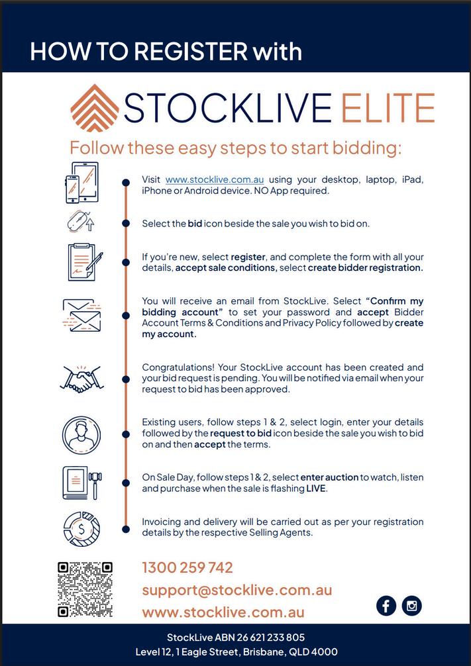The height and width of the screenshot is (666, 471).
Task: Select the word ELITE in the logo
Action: pyautogui.click(x=388, y=108)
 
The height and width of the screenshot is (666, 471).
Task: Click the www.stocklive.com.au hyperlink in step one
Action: pyautogui.click(x=215, y=179)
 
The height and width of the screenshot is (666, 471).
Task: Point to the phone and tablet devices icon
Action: pyautogui.click(x=81, y=183)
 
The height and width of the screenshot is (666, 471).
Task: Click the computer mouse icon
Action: pyautogui.click(x=80, y=222)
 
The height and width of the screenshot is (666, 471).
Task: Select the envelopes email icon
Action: pyautogui.click(x=81, y=315)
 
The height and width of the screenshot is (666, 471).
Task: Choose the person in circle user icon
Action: pyautogui.click(x=81, y=434)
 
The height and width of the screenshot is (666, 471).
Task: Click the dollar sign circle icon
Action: pyautogui.click(x=81, y=528)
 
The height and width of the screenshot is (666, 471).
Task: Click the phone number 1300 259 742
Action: pyautogui.click(x=187, y=567)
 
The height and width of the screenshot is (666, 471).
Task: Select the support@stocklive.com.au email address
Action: pyautogui.click(x=236, y=590)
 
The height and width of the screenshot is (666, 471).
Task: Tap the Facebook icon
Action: pyautogui.click(x=386, y=605)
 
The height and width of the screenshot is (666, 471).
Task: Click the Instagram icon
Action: pyautogui.click(x=411, y=605)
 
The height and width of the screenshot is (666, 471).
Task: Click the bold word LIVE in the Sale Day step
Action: pyautogui.click(x=315, y=489)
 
